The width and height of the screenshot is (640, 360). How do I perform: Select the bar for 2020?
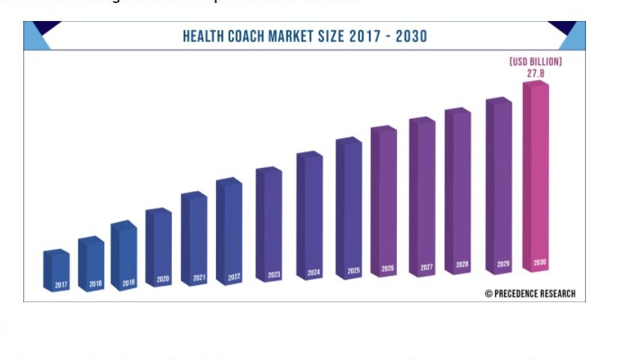pos(159,247)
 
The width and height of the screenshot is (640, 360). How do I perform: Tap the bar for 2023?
pos(269,223)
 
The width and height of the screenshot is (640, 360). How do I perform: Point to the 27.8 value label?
pos(535,73)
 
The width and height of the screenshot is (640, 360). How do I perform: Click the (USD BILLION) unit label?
pos(535,61)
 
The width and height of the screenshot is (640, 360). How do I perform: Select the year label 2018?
pos(95,284)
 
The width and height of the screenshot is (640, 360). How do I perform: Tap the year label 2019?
pos(128,283)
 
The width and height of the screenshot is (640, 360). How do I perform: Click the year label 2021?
pos(199,278)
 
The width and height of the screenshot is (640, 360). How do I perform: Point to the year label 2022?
pos(234,277)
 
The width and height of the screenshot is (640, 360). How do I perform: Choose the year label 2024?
pos(314,272)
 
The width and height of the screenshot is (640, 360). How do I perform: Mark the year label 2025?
pos(353,270)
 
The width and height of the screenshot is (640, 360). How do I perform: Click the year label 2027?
pos(426,267)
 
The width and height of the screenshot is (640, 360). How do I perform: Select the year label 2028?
pos(462,265)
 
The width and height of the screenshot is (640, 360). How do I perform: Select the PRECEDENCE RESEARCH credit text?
pos(535,293)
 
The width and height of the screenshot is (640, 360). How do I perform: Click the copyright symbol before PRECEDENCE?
pos(488,293)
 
